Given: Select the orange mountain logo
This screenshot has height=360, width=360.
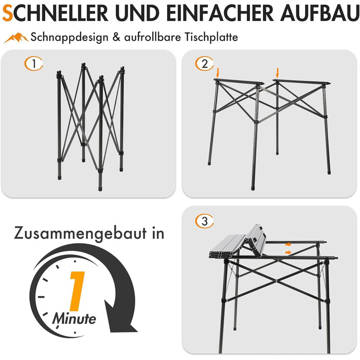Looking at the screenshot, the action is click(16, 38).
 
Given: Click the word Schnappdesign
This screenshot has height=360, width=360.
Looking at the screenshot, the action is click(69, 38).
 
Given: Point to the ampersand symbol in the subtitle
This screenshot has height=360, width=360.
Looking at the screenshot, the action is click(116, 37).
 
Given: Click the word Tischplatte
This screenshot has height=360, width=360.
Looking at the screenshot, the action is click(211, 37).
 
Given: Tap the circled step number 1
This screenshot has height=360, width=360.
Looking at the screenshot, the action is click(34, 64).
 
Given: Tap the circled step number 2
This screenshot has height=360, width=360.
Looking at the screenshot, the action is click(204, 64).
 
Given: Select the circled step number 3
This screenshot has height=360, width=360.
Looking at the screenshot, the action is click(204, 221).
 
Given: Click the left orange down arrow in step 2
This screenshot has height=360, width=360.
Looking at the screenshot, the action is click(218, 73).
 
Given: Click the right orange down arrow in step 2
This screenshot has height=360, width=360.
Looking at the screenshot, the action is click(277, 73).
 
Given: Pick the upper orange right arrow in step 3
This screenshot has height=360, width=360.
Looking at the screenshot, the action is click(289, 244).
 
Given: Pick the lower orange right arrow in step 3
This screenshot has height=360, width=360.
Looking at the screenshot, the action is click(289, 253).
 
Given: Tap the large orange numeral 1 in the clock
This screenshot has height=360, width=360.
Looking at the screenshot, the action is click(77, 291).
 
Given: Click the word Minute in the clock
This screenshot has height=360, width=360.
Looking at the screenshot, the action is click(74, 318).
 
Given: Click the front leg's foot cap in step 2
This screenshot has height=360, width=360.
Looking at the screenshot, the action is click(253, 188).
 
